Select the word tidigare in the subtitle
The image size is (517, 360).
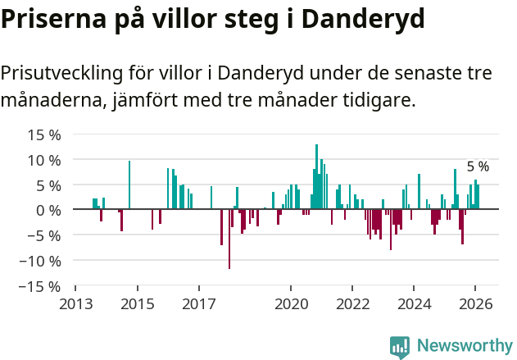pyautogui.click(x=379, y=101)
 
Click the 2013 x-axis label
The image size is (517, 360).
pyautogui.click(x=75, y=303)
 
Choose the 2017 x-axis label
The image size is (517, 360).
pyautogui.click(x=198, y=303)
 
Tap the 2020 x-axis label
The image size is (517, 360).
pyautogui.click(x=291, y=303)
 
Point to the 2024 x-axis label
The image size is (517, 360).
pyautogui.click(x=414, y=303)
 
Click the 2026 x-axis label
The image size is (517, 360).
pyautogui.click(x=475, y=303)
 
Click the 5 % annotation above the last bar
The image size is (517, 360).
pyautogui.click(x=478, y=166)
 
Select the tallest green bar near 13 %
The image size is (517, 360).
pyautogui.click(x=316, y=176)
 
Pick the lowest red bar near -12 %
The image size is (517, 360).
pyautogui.click(x=229, y=239)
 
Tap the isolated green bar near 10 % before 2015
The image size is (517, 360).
pyautogui.click(x=129, y=185)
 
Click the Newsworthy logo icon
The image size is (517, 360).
pyautogui.click(x=400, y=347)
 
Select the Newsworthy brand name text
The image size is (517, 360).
pyautogui.click(x=464, y=346)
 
